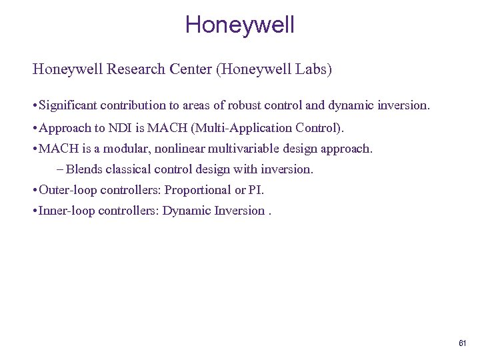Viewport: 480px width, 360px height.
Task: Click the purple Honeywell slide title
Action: [x=239, y=25]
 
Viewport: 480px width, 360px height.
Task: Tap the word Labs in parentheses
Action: [x=311, y=69]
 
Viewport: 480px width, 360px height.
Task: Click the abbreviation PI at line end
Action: [x=255, y=190]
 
